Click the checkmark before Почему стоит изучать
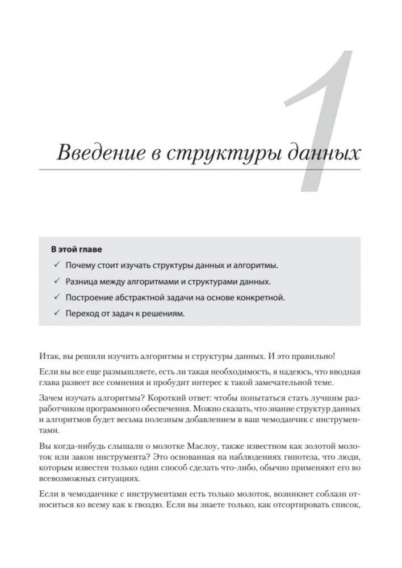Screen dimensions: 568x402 pyautogui.click(x=57, y=265)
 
